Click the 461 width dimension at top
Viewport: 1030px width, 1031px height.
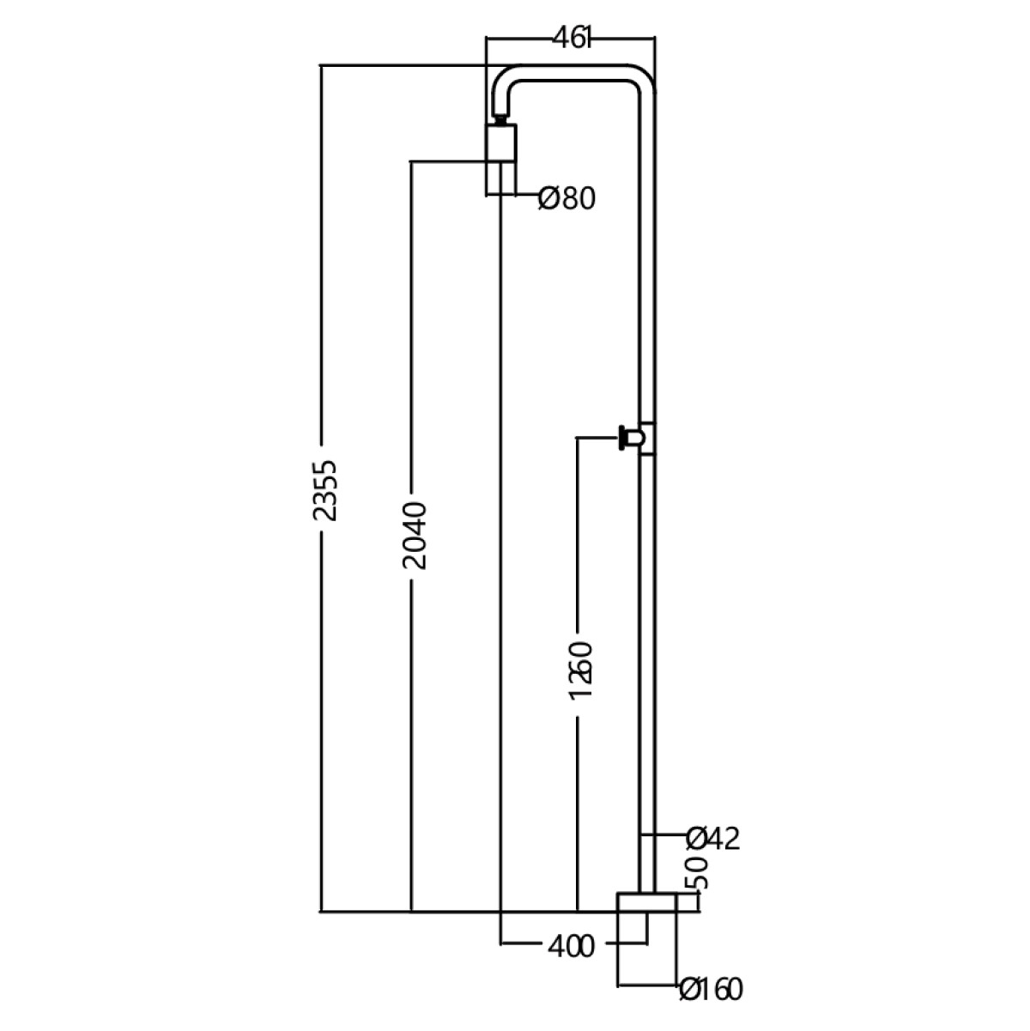[571, 39]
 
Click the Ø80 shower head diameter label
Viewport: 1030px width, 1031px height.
[566, 199]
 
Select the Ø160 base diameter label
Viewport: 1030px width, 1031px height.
[710, 989]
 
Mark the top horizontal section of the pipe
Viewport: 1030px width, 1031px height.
[575, 73]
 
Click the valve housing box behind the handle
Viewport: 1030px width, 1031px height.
[649, 439]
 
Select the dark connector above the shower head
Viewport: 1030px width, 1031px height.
[500, 119]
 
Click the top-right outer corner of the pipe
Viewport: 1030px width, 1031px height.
[649, 72]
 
